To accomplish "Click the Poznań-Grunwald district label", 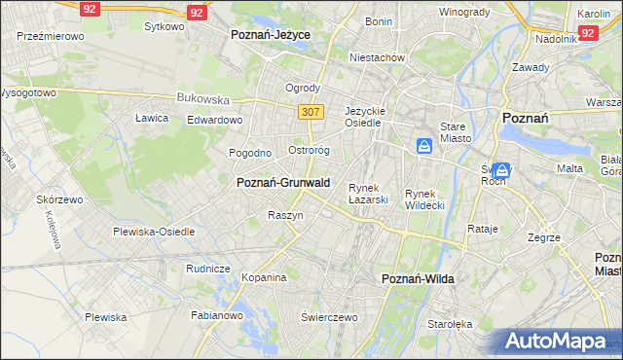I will [x=283, y=183].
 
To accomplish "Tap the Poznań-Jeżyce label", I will [x=271, y=34].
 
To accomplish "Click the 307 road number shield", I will [x=311, y=112].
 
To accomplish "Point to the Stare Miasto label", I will [x=455, y=132].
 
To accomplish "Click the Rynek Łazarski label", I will [x=369, y=193].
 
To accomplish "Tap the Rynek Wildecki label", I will [x=424, y=199].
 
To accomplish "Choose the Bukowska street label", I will [x=202, y=98].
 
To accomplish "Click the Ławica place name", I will [x=152, y=118].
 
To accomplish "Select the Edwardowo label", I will [x=214, y=120].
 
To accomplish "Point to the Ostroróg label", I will [x=311, y=151].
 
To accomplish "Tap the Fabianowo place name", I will [x=216, y=314].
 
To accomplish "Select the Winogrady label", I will [x=463, y=12].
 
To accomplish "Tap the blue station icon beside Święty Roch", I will [x=501, y=170].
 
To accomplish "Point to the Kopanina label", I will [x=264, y=277].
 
